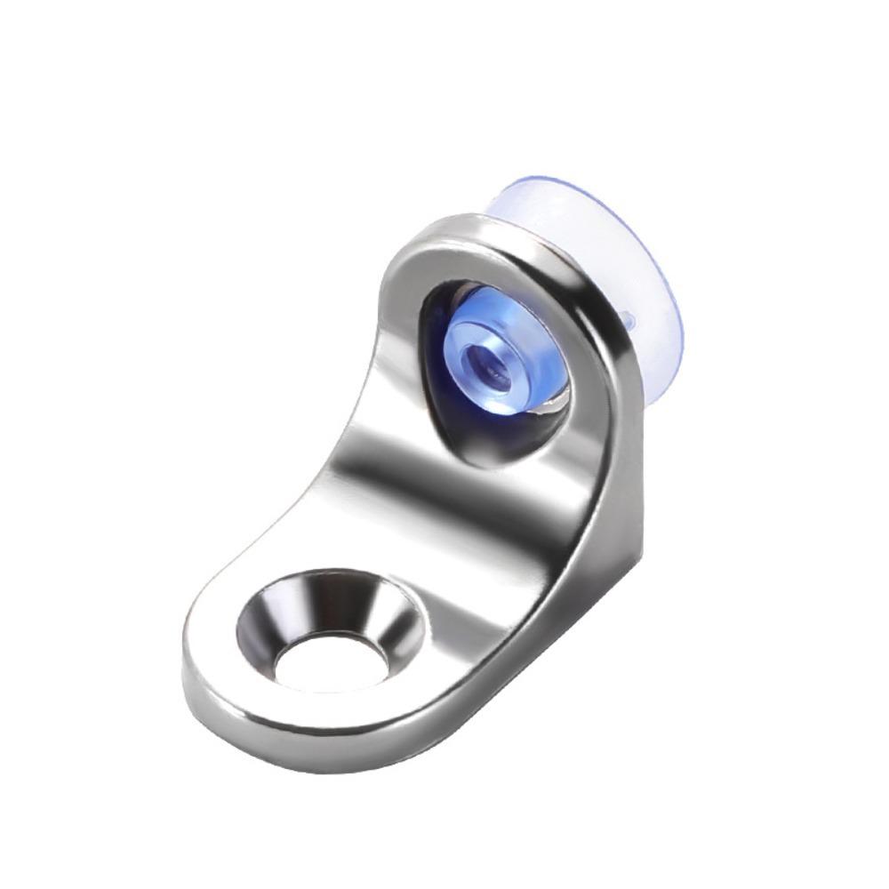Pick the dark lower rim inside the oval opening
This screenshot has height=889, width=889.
click(x=498, y=449)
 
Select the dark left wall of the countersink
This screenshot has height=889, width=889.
click(x=258, y=622)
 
